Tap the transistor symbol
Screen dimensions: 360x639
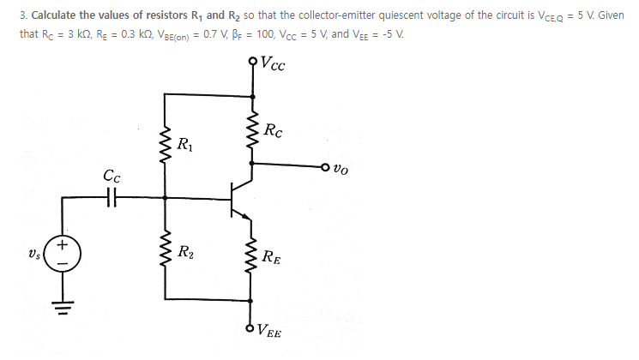pyautogui.click(x=240, y=197)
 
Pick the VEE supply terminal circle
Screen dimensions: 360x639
pyautogui.click(x=252, y=325)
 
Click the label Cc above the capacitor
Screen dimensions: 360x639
pyautogui.click(x=112, y=177)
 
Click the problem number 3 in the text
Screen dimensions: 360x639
pyautogui.click(x=22, y=15)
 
